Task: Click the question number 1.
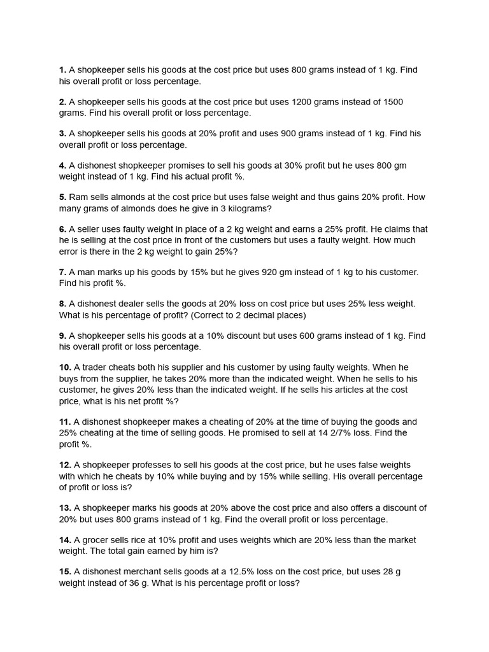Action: [62, 70]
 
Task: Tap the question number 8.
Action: [62, 304]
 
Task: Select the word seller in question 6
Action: [89, 229]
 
